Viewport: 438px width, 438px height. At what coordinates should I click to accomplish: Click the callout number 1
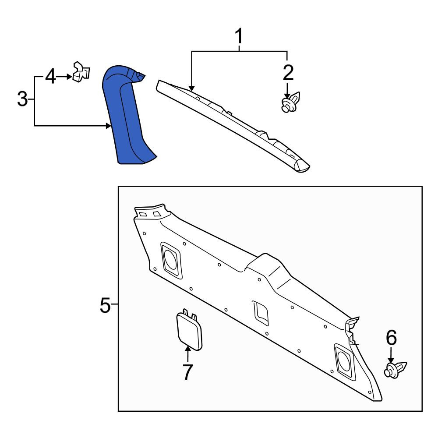pos(239,36)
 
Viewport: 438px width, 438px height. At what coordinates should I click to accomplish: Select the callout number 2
pos(288,73)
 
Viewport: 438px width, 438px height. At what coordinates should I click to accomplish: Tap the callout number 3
pos(22,99)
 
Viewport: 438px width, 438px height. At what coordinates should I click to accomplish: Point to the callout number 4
pos(50,77)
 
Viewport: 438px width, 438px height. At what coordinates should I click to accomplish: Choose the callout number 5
pos(105,305)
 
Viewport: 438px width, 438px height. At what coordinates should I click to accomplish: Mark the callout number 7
pos(188,371)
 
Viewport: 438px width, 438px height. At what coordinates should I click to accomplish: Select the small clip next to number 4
pos(81,72)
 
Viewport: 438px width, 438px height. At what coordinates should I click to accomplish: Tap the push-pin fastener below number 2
pos(290,102)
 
